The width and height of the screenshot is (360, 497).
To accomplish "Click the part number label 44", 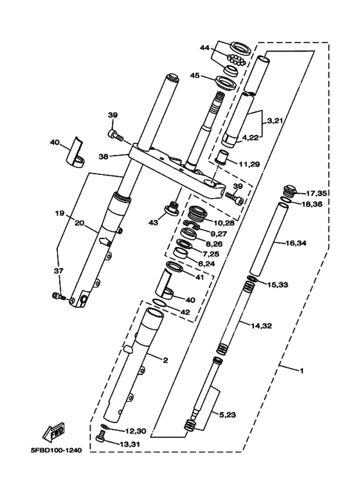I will click(x=204, y=48).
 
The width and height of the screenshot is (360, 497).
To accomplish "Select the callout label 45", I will click(x=195, y=75).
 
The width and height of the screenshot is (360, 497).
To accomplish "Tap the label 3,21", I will click(x=275, y=121).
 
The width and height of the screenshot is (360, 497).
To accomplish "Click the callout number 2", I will click(x=165, y=361).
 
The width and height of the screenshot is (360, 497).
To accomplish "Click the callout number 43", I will click(x=152, y=222).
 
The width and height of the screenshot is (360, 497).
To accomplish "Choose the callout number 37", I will click(x=59, y=271).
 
